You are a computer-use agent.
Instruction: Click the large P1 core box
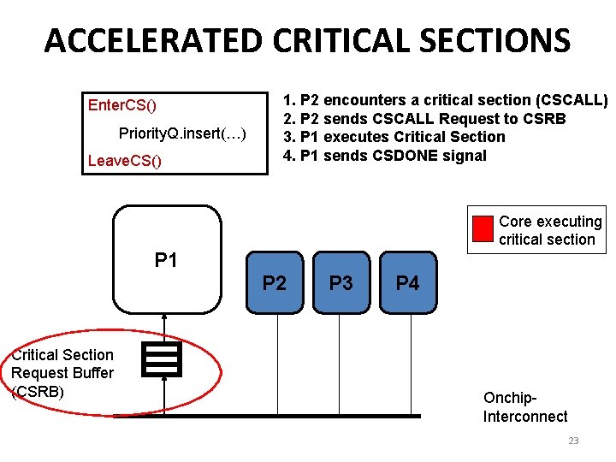[x=167, y=260]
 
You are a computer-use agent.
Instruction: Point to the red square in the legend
[x=483, y=229]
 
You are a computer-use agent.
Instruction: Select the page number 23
[x=573, y=441]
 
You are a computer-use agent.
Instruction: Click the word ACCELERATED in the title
[x=154, y=40]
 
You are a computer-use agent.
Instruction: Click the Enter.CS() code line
[x=122, y=105]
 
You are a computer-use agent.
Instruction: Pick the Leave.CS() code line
[x=125, y=161]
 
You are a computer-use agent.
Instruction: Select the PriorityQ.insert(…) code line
[x=182, y=133]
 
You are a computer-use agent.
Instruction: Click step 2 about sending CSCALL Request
[x=424, y=118]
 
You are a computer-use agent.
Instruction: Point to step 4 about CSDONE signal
[x=384, y=156]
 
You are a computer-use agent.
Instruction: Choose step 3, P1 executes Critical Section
[x=394, y=137]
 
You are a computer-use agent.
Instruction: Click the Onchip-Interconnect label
[x=524, y=407]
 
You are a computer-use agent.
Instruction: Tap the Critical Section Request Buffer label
[x=62, y=373]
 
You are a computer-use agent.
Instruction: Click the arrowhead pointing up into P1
[x=163, y=318]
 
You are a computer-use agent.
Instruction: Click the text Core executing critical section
[x=549, y=230]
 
